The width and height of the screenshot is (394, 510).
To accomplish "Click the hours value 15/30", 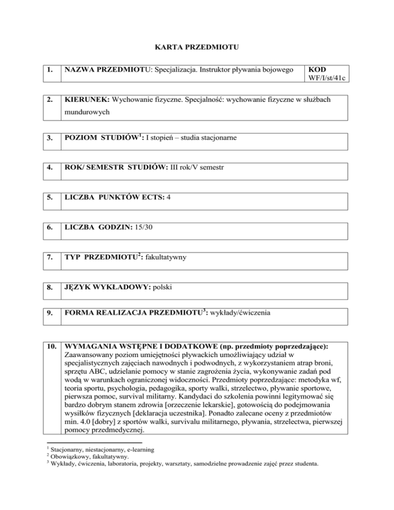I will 146,224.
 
